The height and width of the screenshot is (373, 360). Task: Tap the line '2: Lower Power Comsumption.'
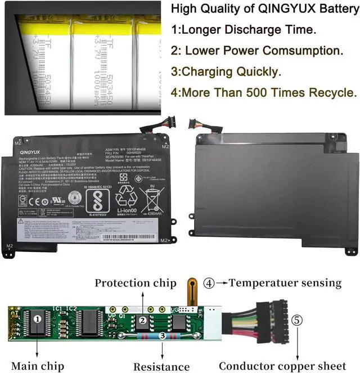(256, 50)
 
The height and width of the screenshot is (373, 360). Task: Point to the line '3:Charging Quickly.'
(226, 71)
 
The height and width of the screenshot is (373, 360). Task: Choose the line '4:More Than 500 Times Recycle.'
(263, 92)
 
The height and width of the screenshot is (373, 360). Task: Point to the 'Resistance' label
(162, 366)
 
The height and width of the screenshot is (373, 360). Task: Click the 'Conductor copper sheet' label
(281, 366)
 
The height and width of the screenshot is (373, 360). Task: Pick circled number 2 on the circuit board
(142, 320)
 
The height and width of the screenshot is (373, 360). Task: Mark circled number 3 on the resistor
(163, 335)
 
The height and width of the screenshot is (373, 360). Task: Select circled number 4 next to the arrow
(209, 283)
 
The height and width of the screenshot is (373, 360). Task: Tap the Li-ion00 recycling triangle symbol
(127, 199)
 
